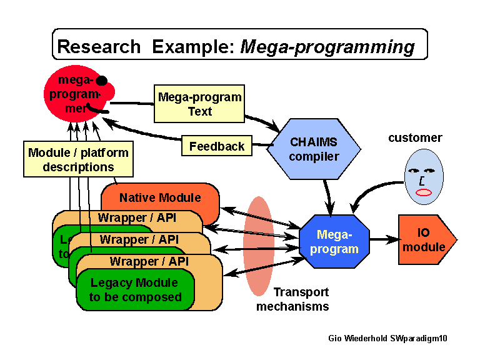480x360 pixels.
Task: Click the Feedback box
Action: (x=217, y=146)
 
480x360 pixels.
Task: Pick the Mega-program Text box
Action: (x=199, y=104)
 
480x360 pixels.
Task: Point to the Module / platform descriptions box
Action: (x=78, y=159)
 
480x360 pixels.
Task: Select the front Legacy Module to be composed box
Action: (x=134, y=290)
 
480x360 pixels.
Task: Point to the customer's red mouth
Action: (x=424, y=192)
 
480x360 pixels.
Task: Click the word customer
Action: (x=415, y=137)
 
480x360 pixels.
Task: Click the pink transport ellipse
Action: (x=258, y=246)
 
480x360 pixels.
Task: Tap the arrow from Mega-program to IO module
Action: (x=382, y=239)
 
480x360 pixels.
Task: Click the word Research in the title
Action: (x=99, y=47)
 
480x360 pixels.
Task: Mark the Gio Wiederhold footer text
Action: (x=387, y=338)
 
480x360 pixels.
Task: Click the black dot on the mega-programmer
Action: (x=101, y=81)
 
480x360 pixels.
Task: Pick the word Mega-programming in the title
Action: (x=327, y=47)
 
